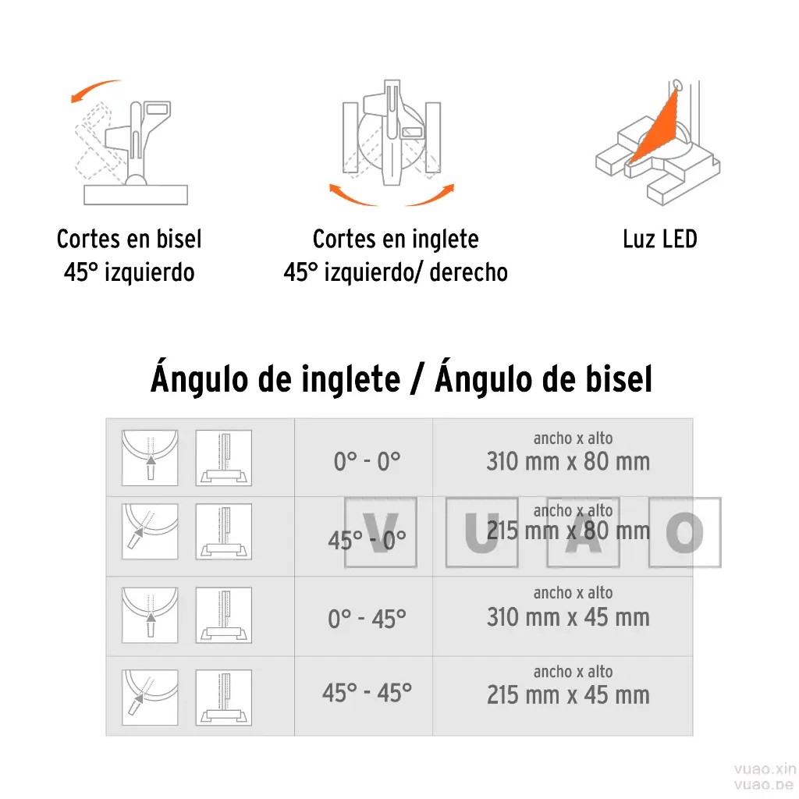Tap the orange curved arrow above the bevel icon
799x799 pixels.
pyautogui.click(x=96, y=90)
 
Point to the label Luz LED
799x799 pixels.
pyautogui.click(x=659, y=239)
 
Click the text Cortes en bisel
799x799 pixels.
pyautogui.click(x=129, y=239)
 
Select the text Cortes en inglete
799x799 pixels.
pyautogui.click(x=395, y=239)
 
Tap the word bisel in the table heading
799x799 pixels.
pyautogui.click(x=616, y=379)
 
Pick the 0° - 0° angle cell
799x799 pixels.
pyautogui.click(x=367, y=461)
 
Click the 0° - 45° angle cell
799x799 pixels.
pyautogui.click(x=367, y=619)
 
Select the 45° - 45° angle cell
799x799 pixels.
pyautogui.click(x=367, y=692)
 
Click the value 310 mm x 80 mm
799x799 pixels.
pyautogui.click(x=567, y=461)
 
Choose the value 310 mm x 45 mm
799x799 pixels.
pyautogui.click(x=567, y=617)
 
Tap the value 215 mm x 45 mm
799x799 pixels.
pyautogui.click(x=567, y=694)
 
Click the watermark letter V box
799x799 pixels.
pyautogui.click(x=380, y=533)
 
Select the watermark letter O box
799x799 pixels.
pyautogui.click(x=685, y=532)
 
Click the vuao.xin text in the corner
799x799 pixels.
pyautogui.click(x=764, y=768)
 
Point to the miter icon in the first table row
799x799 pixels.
pyautogui.click(x=150, y=458)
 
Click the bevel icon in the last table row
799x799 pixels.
pyautogui.click(x=223, y=698)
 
